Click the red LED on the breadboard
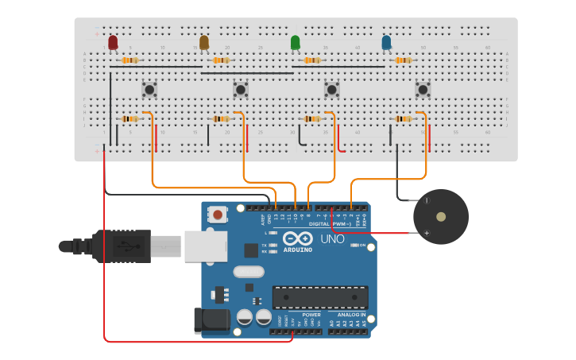point(113,42)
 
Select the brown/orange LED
point(204,42)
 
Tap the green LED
point(296,42)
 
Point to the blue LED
point(386,42)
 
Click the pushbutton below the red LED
point(149,89)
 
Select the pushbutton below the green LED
point(331,89)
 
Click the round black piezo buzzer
point(440,216)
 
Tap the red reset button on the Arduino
point(216,214)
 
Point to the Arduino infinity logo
point(297,238)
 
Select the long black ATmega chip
point(320,297)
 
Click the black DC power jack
point(211,320)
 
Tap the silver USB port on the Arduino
point(206,246)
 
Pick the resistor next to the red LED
point(130,60)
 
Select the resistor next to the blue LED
point(403,60)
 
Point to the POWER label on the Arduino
point(311,315)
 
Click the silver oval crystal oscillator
point(248,272)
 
